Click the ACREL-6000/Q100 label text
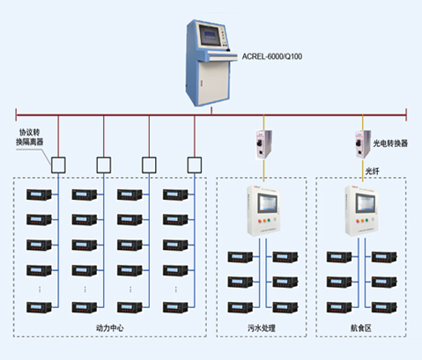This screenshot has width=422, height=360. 272,56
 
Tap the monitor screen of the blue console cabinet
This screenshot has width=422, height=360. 210,35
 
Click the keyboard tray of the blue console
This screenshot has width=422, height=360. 223,56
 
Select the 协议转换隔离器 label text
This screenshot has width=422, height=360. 29,137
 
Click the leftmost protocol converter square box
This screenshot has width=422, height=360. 58,165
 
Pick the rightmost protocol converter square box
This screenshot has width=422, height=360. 195,165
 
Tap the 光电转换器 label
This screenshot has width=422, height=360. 390,143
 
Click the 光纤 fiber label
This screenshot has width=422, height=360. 372,171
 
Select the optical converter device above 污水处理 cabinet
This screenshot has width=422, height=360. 263,144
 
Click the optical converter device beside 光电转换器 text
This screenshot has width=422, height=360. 363,144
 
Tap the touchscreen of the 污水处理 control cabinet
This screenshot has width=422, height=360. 267,203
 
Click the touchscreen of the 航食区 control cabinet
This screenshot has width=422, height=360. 366,203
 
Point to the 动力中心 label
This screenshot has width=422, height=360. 110,327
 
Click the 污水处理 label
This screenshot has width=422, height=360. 262,327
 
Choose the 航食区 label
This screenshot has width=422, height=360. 361,327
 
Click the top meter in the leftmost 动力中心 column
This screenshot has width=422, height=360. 39,195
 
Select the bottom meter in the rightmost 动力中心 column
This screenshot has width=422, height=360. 175,307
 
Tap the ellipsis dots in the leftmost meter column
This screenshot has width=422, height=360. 40,290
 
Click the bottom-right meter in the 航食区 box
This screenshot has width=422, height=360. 384,307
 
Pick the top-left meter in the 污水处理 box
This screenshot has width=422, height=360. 241,257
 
